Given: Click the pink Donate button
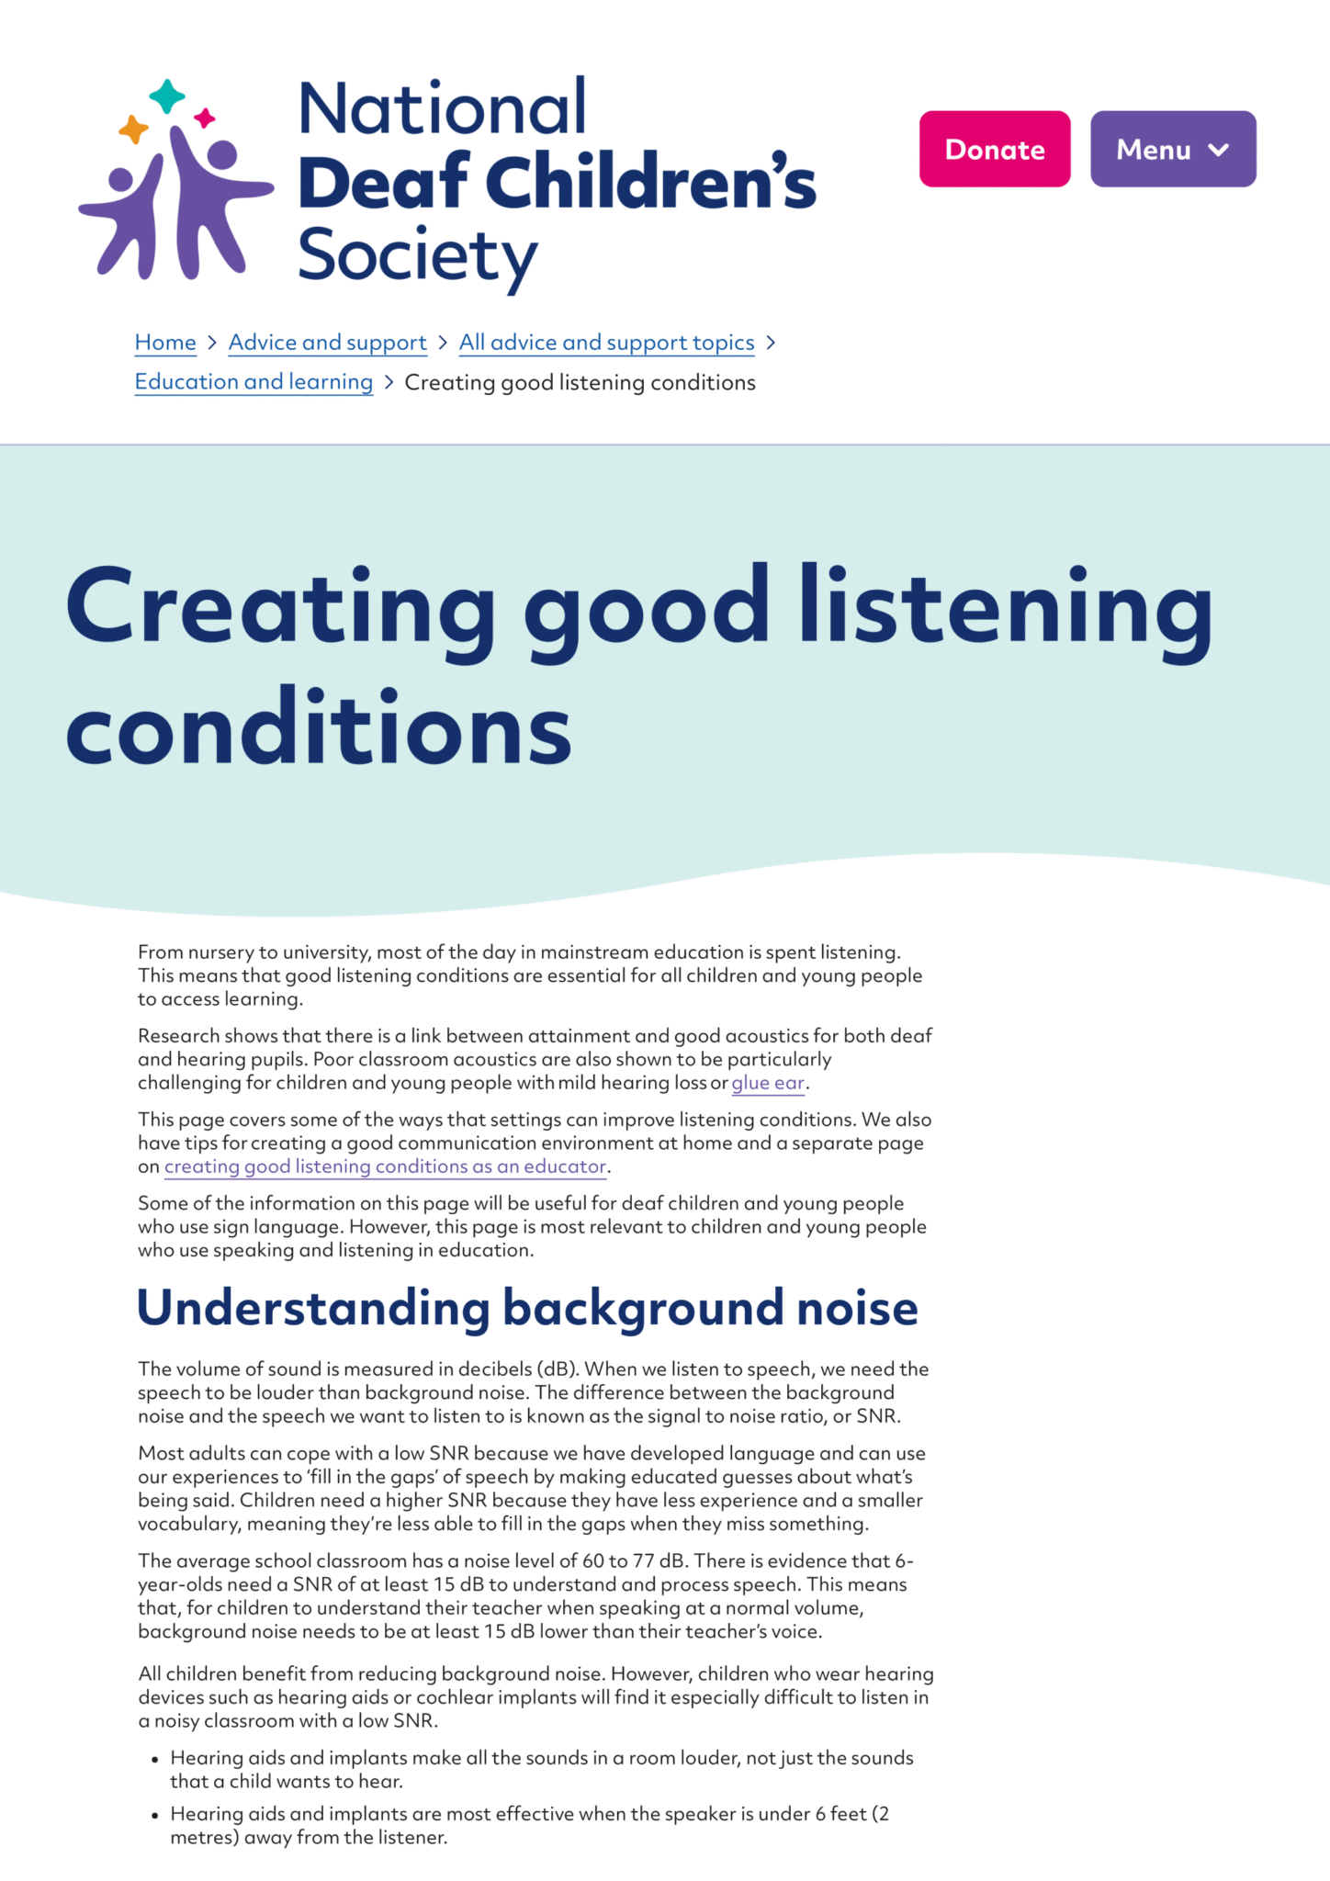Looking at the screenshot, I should tap(995, 149).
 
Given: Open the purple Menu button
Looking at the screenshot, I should tap(1172, 149).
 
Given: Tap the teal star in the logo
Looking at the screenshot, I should tap(167, 96).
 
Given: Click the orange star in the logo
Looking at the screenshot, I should tap(134, 130).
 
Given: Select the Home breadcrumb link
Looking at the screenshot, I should tap(165, 343).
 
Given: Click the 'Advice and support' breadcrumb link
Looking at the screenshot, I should tap(327, 343).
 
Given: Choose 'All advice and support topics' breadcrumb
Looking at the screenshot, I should tap(606, 343).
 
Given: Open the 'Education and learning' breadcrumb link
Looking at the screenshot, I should tap(254, 382).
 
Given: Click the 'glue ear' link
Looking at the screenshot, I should tap(768, 1083).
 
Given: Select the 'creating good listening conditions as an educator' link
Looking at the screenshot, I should tap(385, 1166).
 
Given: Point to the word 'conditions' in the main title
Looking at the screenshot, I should tap(319, 729).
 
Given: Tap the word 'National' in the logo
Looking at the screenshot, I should tap(442, 108).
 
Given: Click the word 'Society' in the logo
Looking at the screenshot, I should tap(418, 255).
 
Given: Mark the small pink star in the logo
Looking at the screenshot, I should tap(205, 118).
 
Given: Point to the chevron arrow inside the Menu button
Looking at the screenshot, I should tap(1219, 150).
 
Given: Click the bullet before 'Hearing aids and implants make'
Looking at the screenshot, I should tap(154, 1759).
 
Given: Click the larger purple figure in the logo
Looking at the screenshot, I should tap(207, 197).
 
